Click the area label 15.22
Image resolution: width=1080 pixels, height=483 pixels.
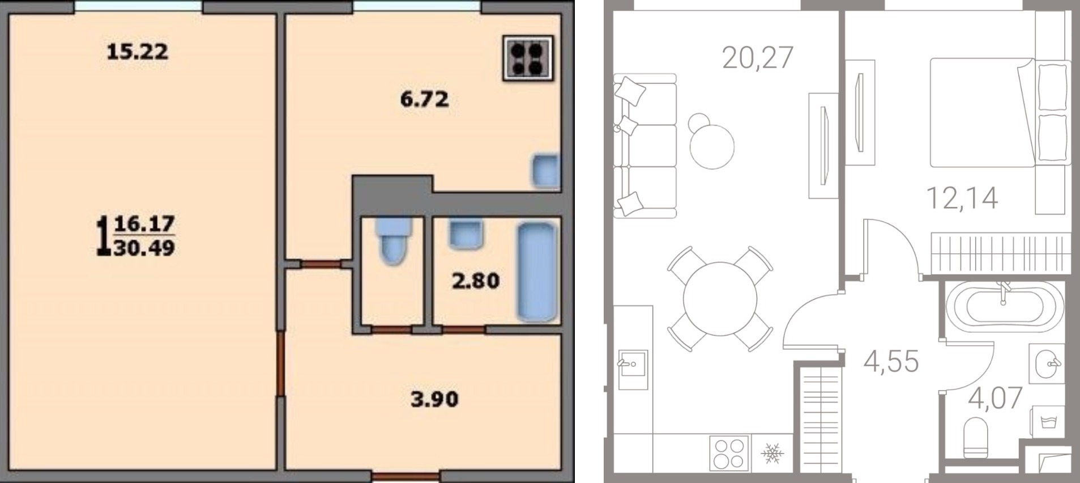pyautogui.click(x=137, y=52)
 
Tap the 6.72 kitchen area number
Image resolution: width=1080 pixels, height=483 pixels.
pyautogui.click(x=424, y=100)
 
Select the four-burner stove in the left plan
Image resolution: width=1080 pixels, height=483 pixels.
pyautogui.click(x=528, y=58)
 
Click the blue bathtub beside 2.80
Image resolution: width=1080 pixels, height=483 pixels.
pyautogui.click(x=536, y=271)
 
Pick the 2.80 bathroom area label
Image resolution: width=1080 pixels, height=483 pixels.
pyautogui.click(x=475, y=281)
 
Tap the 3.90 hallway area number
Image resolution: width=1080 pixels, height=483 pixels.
pyautogui.click(x=434, y=399)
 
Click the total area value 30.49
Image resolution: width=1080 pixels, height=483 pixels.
pyautogui.click(x=144, y=248)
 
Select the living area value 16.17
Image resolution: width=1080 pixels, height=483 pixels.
pyautogui.click(x=144, y=224)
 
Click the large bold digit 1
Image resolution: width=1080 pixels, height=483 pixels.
pyautogui.click(x=103, y=235)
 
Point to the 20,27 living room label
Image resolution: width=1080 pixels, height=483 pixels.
pyautogui.click(x=758, y=57)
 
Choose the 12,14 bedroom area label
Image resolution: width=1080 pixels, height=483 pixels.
pyautogui.click(x=962, y=198)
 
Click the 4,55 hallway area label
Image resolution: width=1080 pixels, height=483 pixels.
pyautogui.click(x=891, y=361)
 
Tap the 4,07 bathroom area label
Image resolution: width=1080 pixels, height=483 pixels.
pyautogui.click(x=995, y=398)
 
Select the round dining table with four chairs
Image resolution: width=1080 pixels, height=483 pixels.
pyautogui.click(x=720, y=299)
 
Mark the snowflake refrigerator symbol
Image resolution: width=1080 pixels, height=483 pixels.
pyautogui.click(x=772, y=453)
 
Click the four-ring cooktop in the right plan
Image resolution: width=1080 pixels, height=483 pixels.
pyautogui.click(x=729, y=453)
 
